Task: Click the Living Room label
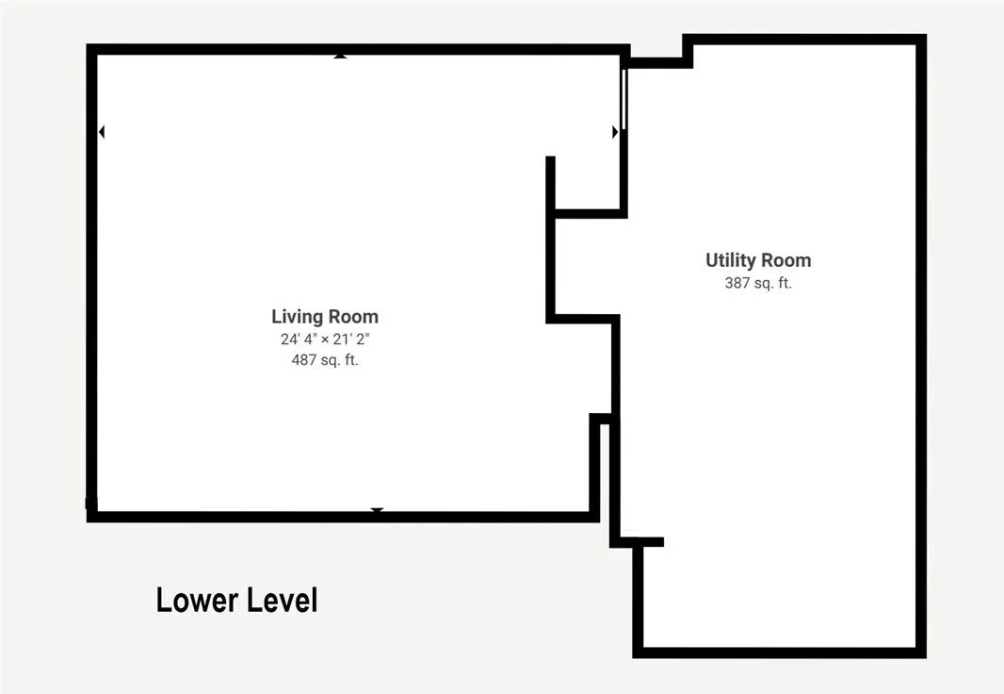325,317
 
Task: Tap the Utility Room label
758,260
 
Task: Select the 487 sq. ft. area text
325,360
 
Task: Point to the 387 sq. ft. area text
758,283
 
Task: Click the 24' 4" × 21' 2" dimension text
325,339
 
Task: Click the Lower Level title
237,601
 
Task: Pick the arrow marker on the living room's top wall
340,57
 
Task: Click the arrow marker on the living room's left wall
102,132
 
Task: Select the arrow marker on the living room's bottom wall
377,510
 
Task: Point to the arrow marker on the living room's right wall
615,132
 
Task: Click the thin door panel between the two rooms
623,99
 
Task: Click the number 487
304,360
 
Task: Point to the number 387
737,283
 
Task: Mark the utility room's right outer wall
921,346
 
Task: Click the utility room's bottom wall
779,653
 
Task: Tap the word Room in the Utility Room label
785,260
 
